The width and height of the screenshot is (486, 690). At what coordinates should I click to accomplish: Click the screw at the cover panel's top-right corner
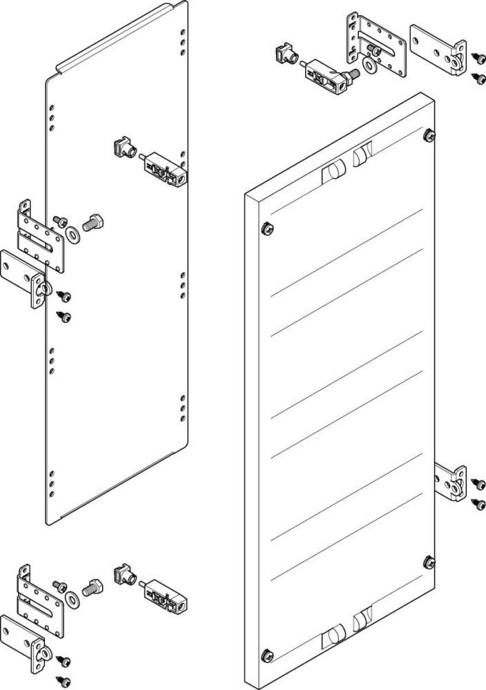(x=429, y=134)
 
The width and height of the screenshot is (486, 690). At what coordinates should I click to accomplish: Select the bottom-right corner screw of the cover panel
(x=429, y=561)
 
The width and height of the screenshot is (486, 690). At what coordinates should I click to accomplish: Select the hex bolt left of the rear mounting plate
(x=93, y=223)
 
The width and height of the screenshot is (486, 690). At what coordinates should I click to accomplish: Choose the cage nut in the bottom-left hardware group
(x=124, y=573)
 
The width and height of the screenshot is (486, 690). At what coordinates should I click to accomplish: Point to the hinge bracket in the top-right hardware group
(x=437, y=49)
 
